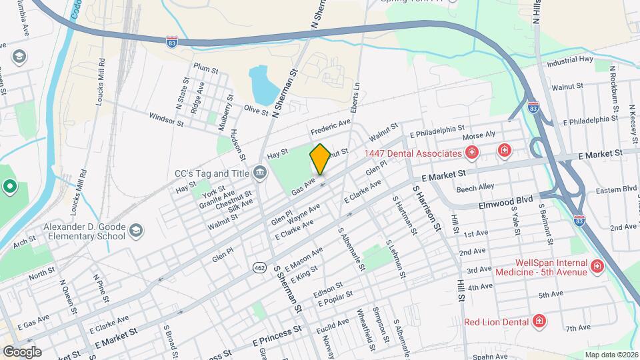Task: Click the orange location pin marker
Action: pos(320,159)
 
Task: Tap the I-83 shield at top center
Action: pos(172,42)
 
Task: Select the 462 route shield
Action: pos(259,267)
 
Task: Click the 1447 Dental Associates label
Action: pos(413,153)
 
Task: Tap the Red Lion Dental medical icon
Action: pos(540,322)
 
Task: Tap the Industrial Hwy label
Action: pos(570,61)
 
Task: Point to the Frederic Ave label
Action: pos(330,125)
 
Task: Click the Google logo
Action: pos(22,351)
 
